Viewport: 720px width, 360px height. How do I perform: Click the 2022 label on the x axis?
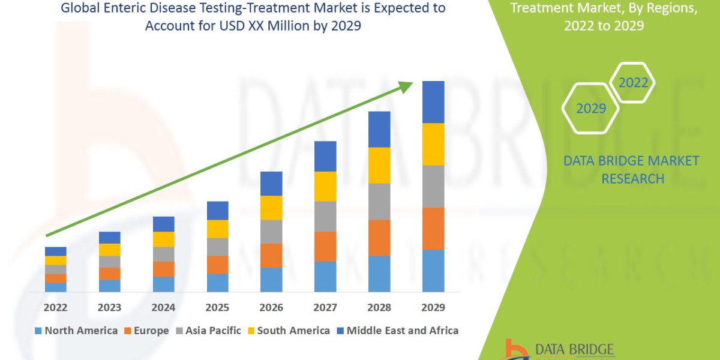pos(55,307)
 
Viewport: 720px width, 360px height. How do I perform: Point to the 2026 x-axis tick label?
pos(271,307)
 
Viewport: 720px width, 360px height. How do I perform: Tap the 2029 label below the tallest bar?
pos(433,307)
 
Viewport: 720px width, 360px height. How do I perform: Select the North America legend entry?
pos(76,331)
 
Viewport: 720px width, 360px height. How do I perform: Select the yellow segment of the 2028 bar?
pos(379,165)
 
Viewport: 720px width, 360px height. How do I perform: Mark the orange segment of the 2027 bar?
pos(325,246)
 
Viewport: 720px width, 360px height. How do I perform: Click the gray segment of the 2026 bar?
pos(271,232)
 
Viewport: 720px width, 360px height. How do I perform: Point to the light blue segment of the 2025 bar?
pos(217,283)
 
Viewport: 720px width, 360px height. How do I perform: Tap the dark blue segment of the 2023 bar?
pos(109,238)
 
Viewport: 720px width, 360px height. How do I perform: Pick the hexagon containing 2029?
pos(590,109)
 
